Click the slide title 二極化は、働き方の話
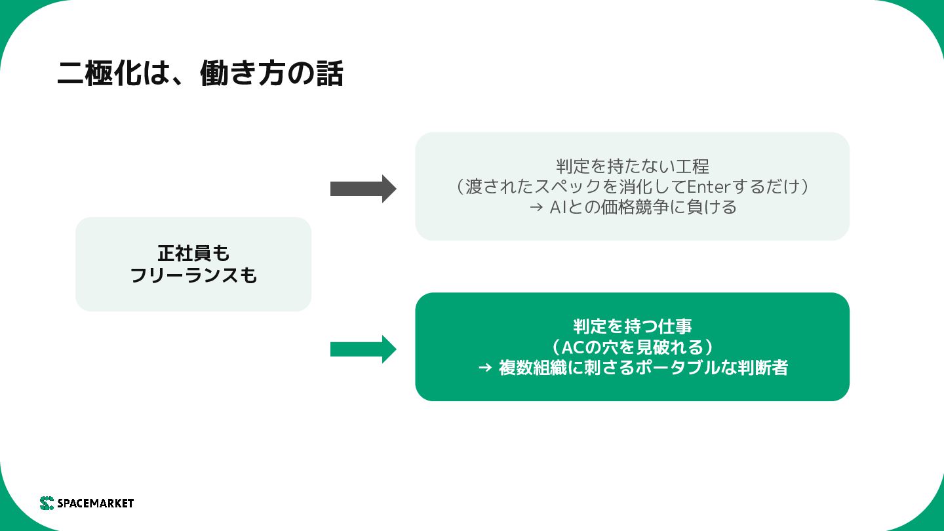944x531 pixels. (200, 73)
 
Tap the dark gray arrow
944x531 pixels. (363, 189)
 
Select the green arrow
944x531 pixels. (363, 349)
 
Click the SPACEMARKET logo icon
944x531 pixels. (47, 503)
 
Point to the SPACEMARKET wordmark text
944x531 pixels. (96, 503)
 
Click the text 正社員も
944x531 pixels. (193, 253)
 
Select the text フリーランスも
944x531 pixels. (193, 275)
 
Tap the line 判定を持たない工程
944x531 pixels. (632, 167)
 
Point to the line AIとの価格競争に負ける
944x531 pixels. (643, 207)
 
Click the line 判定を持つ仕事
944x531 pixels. (632, 326)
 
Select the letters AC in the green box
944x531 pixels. (573, 347)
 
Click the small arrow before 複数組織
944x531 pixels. (485, 368)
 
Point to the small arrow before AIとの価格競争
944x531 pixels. (536, 208)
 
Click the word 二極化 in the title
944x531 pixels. (99, 73)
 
